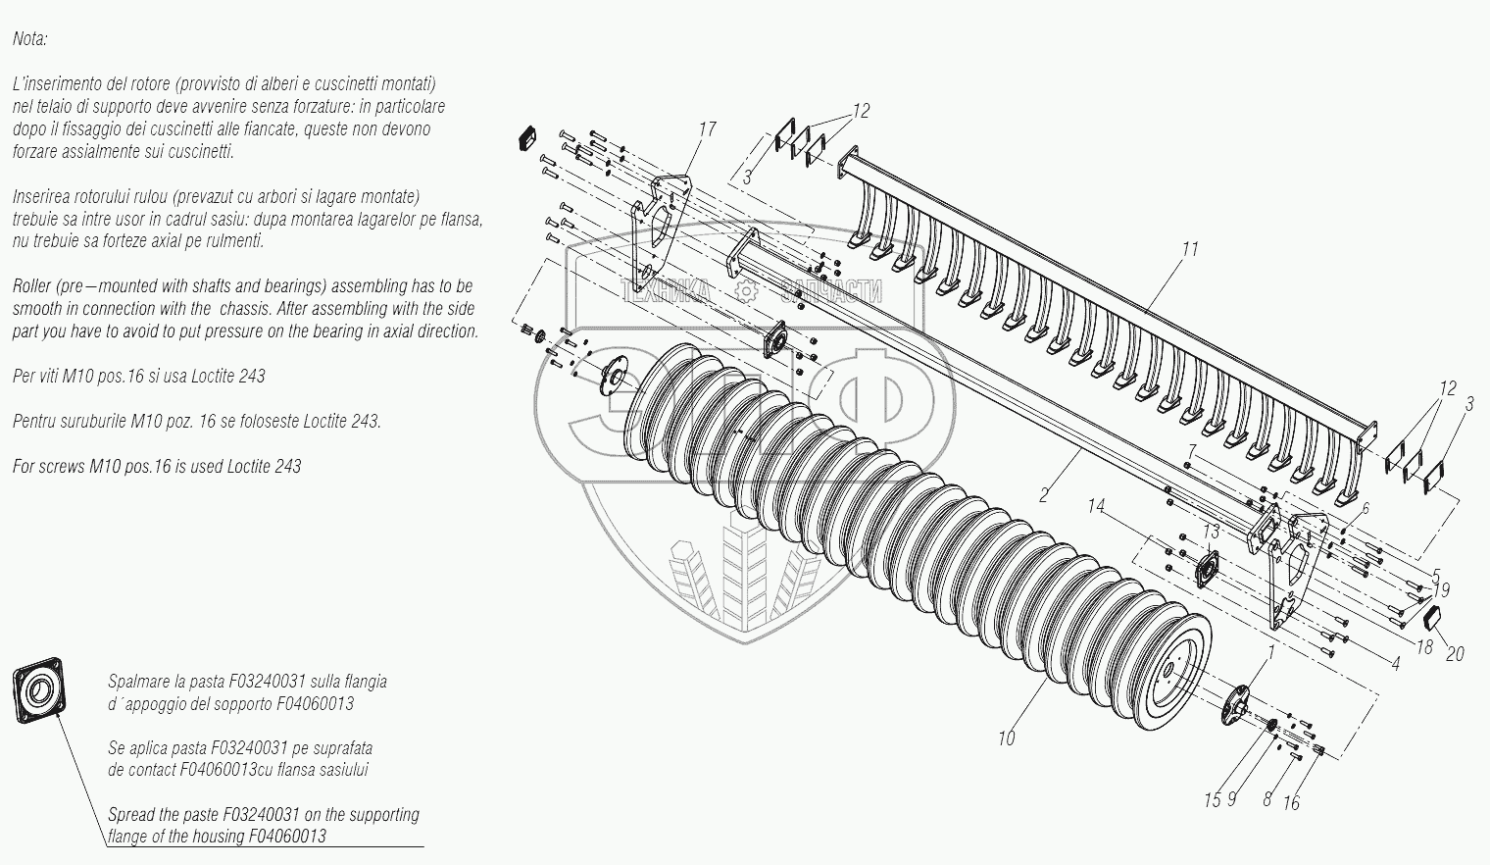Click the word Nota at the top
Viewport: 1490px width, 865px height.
tap(29, 39)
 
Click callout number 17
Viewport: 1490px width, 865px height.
tap(708, 129)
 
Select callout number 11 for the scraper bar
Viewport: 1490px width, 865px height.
tap(1189, 249)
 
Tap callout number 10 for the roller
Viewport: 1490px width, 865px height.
tap(1006, 738)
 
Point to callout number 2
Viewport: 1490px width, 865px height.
tap(1045, 494)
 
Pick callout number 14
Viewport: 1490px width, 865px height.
tap(1096, 507)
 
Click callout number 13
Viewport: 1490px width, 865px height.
tap(1212, 531)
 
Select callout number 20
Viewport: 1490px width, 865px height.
tap(1455, 654)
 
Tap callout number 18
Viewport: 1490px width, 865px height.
tap(1425, 647)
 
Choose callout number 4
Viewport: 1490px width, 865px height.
tap(1396, 664)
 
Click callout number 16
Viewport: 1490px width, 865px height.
tap(1291, 803)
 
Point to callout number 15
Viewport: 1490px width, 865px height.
tap(1213, 800)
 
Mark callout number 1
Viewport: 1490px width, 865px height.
tap(1271, 650)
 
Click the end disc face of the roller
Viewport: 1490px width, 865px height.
tap(1175, 667)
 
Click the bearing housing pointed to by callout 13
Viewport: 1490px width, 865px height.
tap(1206, 569)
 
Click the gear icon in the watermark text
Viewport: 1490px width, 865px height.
tap(747, 291)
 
